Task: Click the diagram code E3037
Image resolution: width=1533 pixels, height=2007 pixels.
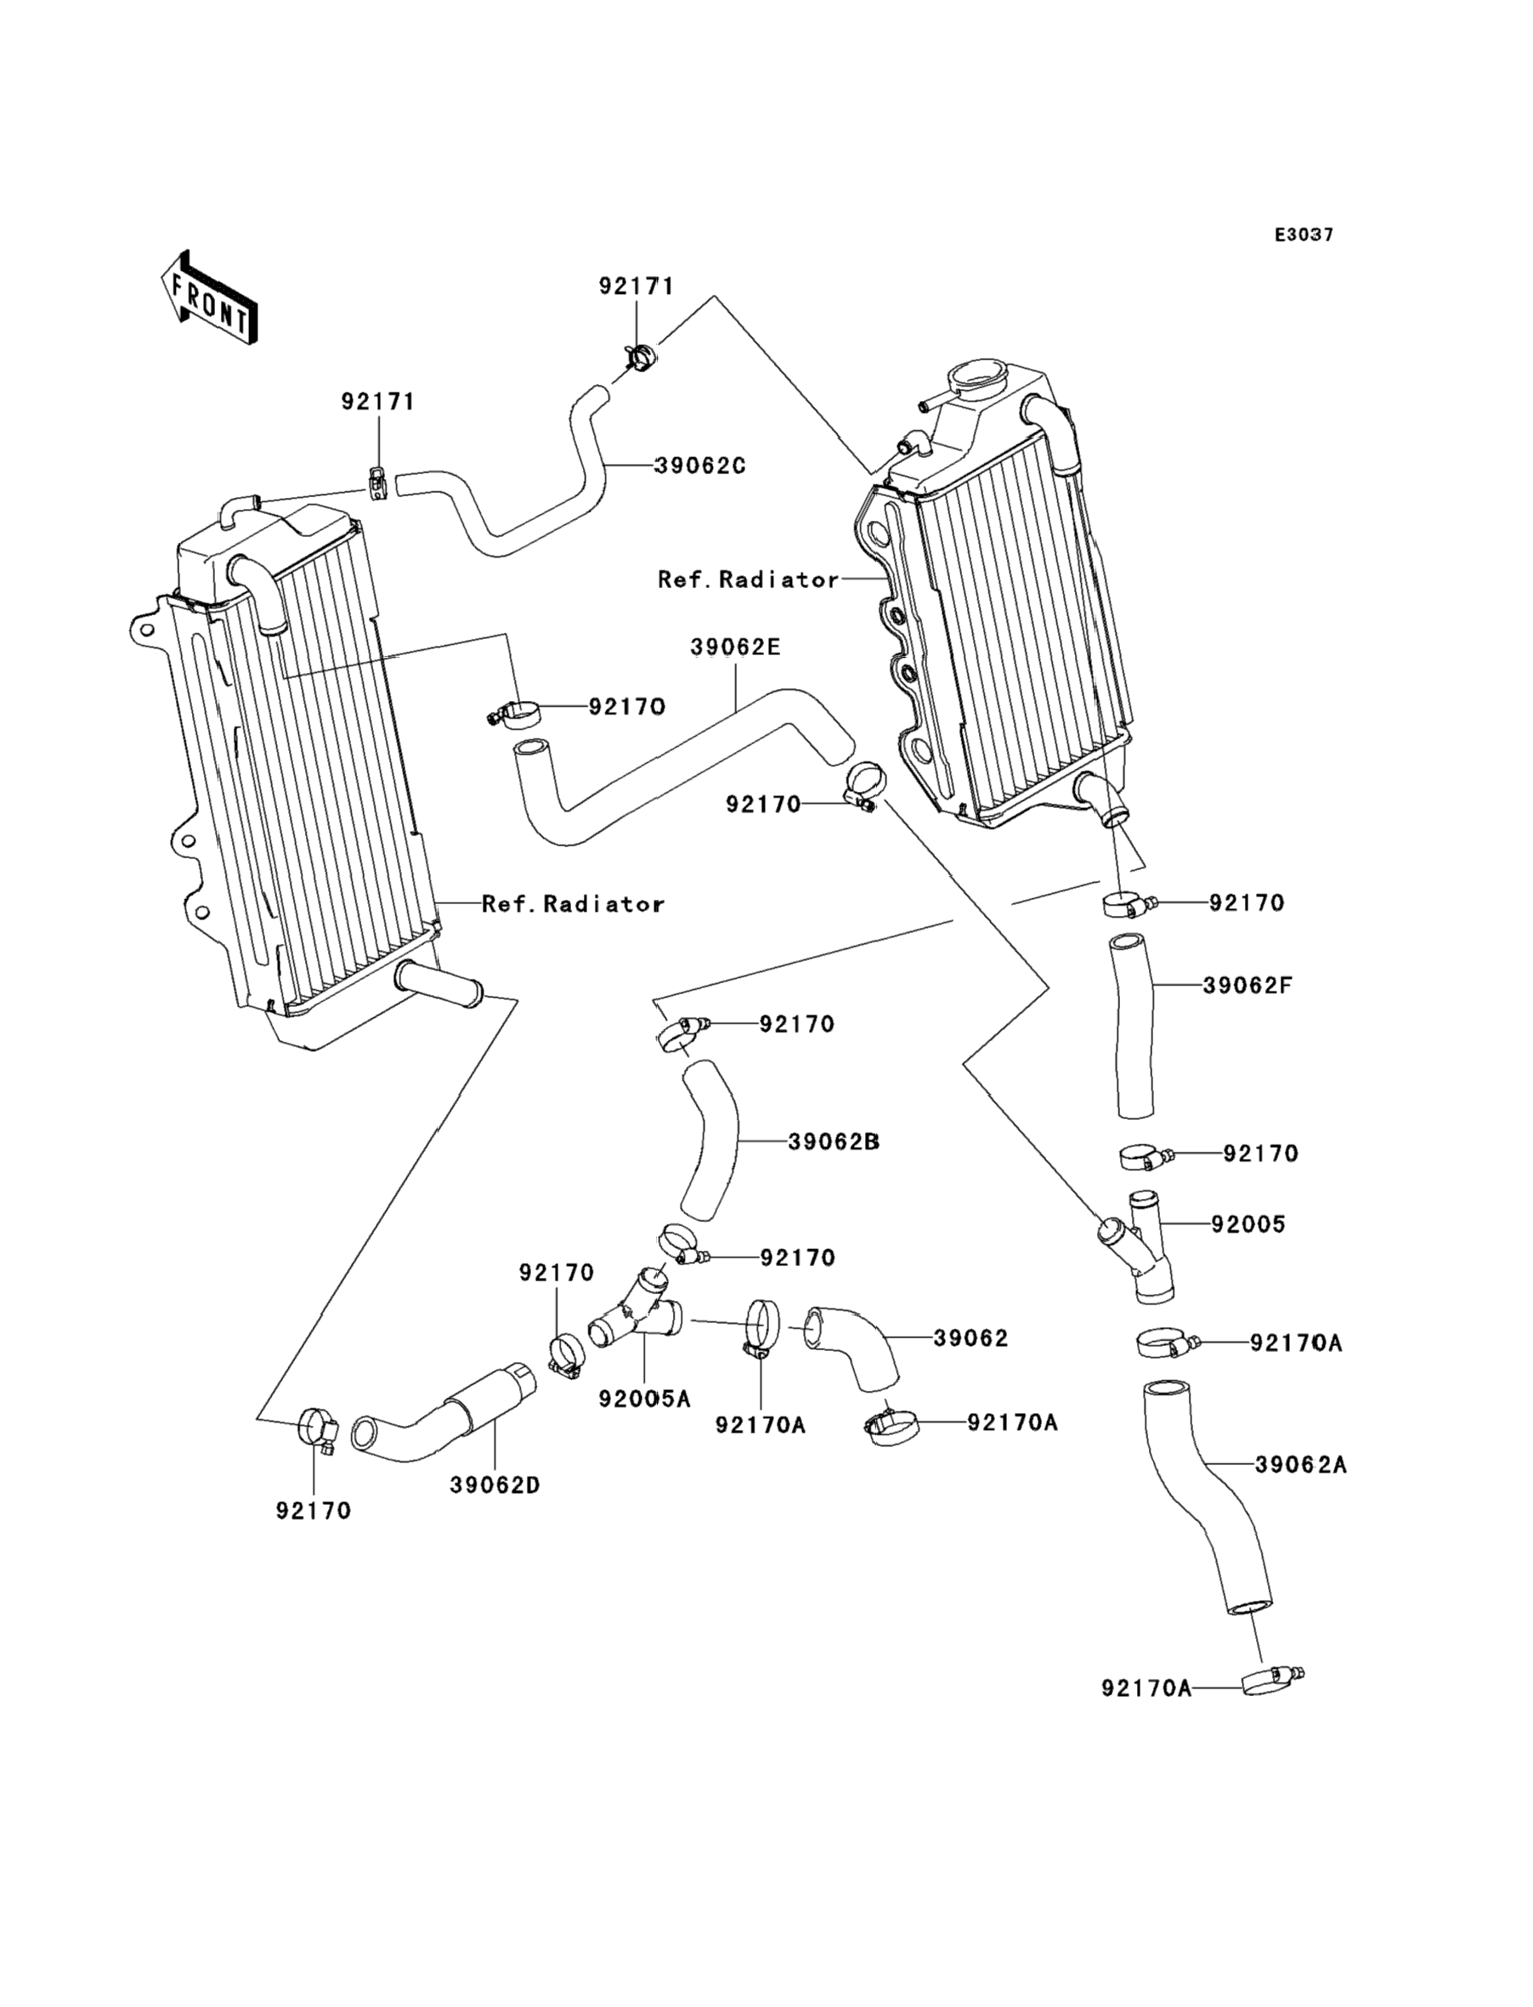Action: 1303,235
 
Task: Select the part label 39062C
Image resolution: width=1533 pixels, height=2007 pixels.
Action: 700,466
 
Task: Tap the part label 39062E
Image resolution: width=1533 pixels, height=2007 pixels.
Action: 735,647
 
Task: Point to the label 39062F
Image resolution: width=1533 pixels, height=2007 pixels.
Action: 1247,986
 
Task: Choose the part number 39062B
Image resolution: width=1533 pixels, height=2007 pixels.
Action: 833,1141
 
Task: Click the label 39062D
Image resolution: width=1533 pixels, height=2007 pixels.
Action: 495,1485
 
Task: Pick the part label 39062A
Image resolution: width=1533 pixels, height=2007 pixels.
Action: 1300,1465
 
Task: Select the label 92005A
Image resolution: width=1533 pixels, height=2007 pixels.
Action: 644,1399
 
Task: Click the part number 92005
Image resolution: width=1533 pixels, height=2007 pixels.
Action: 1247,1224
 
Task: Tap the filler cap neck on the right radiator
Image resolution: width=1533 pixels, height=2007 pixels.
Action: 976,376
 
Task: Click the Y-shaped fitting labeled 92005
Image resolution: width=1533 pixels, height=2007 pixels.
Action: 1140,1247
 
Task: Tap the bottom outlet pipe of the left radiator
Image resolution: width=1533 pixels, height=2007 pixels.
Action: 438,987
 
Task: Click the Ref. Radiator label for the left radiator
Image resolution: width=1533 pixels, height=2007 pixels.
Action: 572,904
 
